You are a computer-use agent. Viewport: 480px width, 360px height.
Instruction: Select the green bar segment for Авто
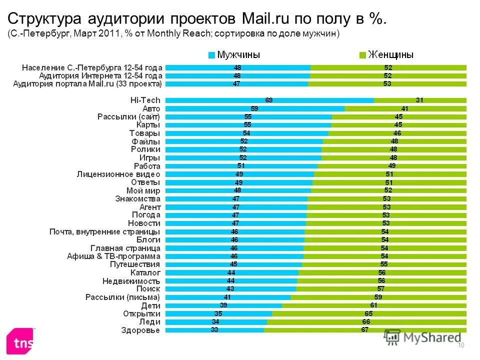pos(405,108)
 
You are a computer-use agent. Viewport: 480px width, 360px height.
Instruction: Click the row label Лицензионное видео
pos(118,174)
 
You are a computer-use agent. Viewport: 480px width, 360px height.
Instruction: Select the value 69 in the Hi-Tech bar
pos(269,100)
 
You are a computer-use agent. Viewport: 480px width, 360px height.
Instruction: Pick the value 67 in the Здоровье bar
pos(365,330)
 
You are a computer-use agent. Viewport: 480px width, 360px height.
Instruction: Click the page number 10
pos(461,346)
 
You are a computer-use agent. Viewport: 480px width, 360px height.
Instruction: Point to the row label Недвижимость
pos(131,281)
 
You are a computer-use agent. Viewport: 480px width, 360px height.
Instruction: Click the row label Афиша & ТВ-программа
pos(113,256)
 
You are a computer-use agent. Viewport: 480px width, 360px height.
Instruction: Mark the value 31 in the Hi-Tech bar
pos(419,100)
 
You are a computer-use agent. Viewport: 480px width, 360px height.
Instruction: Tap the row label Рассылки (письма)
pos(123,297)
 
